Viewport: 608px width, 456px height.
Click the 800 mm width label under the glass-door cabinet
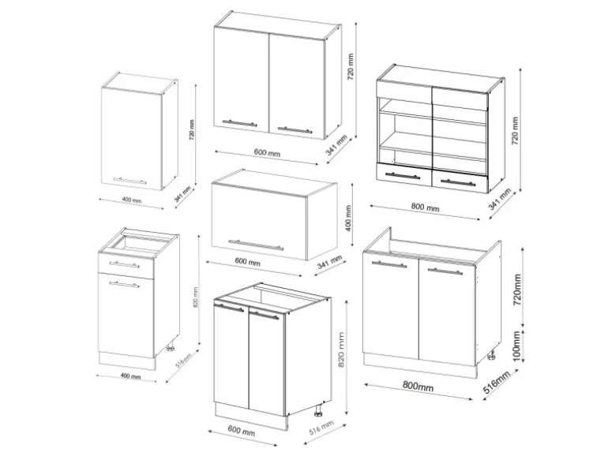(426, 207)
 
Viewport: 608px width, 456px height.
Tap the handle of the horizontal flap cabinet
(255, 241)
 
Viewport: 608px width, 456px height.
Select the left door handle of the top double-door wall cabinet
(241, 122)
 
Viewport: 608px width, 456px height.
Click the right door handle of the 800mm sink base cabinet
(445, 271)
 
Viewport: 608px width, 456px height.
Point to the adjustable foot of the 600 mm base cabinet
(317, 412)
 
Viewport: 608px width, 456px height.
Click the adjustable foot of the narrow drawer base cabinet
(170, 346)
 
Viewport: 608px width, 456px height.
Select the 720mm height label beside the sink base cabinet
(517, 290)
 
